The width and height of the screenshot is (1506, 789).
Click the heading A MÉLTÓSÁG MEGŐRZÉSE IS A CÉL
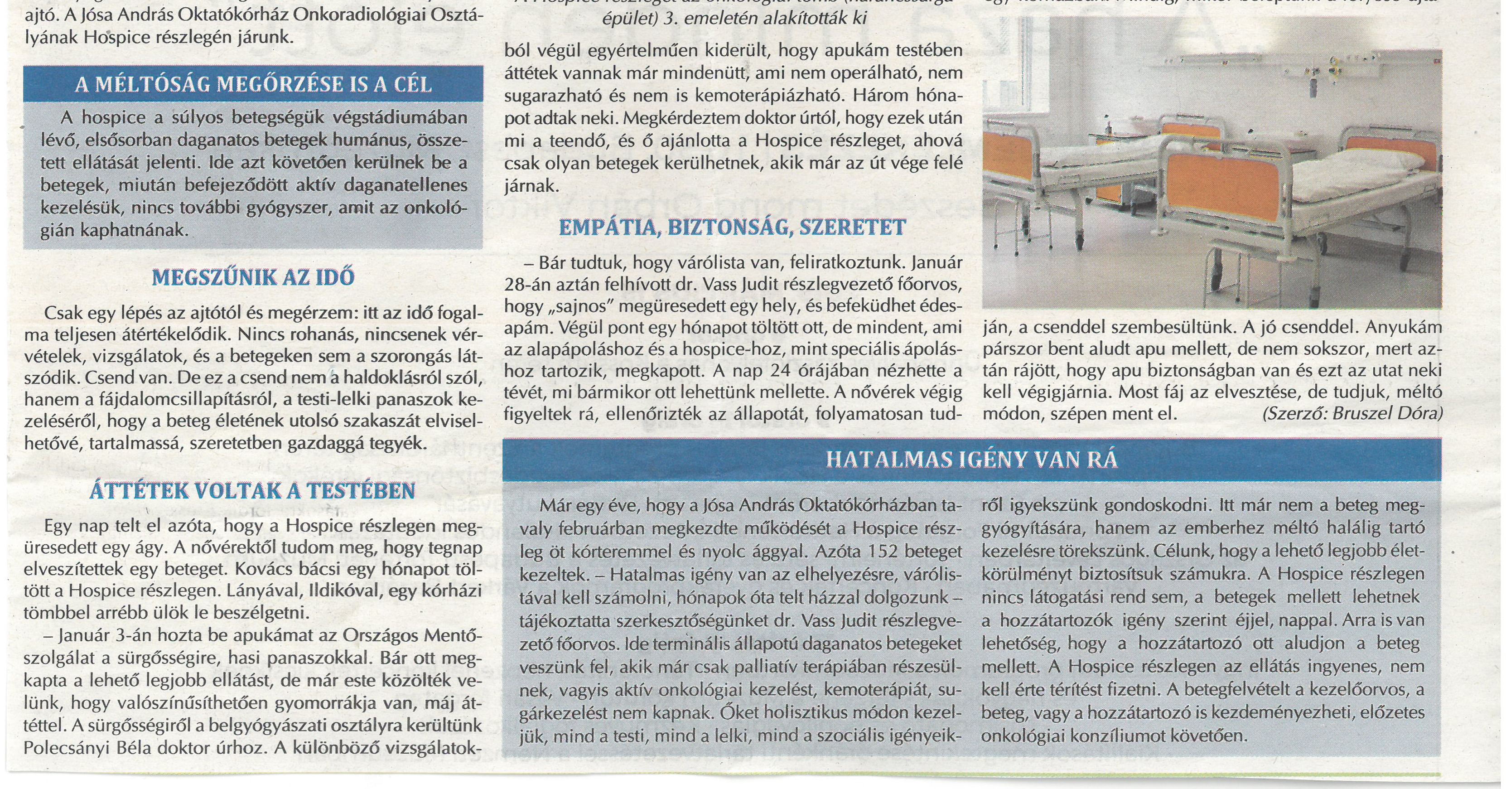[x=253, y=85]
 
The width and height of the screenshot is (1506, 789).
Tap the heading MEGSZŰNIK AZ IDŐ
[x=253, y=277]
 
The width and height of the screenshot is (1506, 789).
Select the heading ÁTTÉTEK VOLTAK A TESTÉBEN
[x=253, y=491]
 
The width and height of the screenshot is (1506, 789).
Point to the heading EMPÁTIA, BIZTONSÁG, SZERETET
[x=732, y=227]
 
